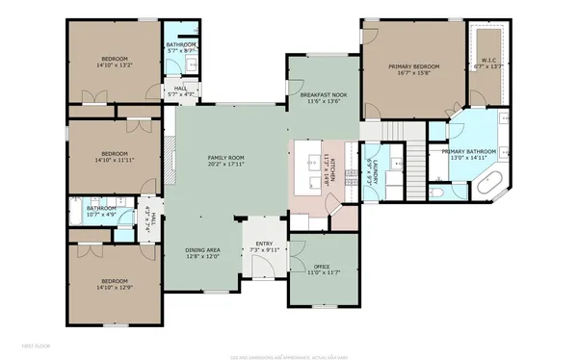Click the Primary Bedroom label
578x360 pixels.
[x=413, y=66]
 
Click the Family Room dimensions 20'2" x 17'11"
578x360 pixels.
[x=227, y=165]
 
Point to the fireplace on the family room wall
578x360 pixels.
[x=168, y=156]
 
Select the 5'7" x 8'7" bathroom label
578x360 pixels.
[x=181, y=50]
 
